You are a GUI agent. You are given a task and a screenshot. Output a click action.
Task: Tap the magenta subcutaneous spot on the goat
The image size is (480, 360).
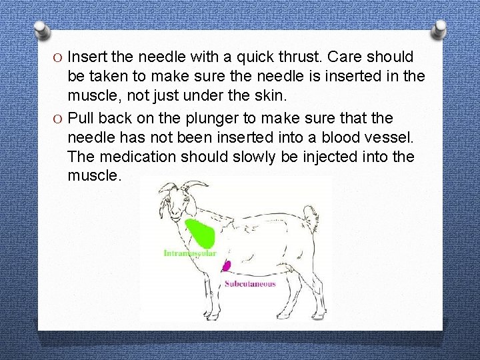click(x=227, y=266)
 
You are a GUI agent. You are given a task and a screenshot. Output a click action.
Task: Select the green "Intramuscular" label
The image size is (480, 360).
click(x=190, y=253)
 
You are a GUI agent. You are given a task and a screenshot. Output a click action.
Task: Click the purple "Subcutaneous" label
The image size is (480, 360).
click(x=250, y=283)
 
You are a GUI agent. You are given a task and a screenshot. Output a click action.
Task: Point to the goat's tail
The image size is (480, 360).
click(x=311, y=217)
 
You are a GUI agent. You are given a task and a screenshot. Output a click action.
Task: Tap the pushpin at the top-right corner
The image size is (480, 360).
click(x=439, y=27)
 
